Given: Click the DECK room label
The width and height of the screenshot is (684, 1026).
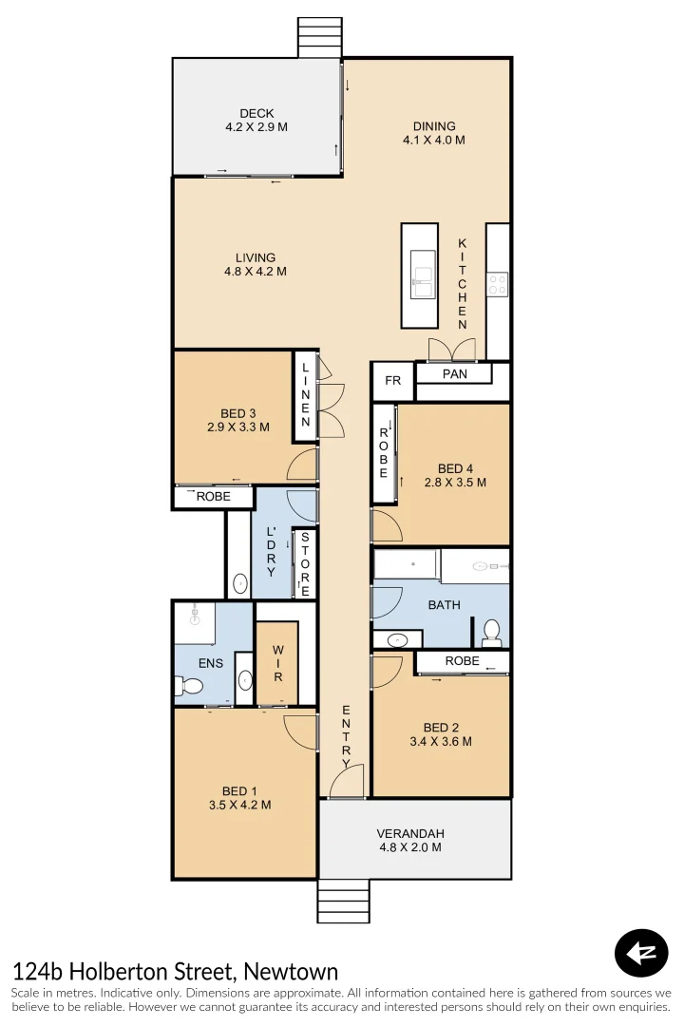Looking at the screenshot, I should coord(256,114).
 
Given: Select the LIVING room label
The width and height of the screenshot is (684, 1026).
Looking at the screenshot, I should coord(256,257).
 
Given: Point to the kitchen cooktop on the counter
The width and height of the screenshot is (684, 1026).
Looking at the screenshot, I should coord(498,283).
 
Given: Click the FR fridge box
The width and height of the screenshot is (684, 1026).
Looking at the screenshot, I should coord(392,381).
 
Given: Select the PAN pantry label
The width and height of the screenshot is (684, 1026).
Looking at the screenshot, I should coord(455,374).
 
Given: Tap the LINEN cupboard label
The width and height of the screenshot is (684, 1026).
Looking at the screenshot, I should coord(306,395).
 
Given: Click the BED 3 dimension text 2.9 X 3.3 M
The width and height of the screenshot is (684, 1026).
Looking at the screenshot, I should coord(237,427).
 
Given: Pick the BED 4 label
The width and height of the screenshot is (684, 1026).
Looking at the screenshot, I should coord(455,468).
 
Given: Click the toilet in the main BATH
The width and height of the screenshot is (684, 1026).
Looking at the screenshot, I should coord(491,630).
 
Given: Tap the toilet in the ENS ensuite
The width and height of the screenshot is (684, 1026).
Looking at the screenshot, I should coord(188,685).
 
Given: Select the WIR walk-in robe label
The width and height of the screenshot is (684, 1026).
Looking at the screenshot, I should coord(277,663).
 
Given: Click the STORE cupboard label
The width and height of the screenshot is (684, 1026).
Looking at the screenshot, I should coord(305,563).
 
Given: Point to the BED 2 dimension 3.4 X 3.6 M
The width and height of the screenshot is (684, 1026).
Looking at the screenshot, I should coord(440,742).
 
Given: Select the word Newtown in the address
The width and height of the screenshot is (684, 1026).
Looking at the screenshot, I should coord(291,972).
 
